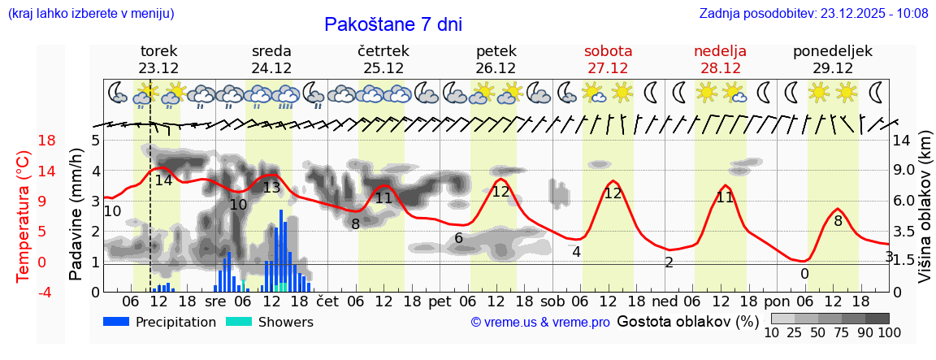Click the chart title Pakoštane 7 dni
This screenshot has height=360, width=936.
[393, 24]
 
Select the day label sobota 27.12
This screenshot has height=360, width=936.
[608, 59]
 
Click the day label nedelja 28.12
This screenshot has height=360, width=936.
[720, 59]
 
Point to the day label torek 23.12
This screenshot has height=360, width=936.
[158, 59]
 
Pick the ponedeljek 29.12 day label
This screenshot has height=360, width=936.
[833, 59]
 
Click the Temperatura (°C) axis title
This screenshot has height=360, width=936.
[23, 215]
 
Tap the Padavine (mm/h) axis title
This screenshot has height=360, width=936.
[76, 215]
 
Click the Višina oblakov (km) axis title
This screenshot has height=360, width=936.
[925, 215]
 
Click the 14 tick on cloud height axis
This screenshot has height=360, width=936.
[902, 141]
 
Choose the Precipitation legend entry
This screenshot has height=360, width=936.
[159, 322]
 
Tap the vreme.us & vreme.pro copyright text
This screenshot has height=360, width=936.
[540, 322]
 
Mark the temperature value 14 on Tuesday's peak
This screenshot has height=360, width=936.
[163, 180]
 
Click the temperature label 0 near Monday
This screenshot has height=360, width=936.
[804, 274]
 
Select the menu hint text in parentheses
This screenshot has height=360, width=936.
[90, 13]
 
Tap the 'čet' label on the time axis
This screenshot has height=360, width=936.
[327, 301]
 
